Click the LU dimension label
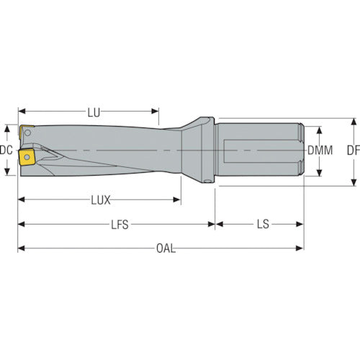[x=94, y=113]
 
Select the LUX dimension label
[x=101, y=200]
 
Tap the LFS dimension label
[x=120, y=225]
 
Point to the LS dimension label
[x=263, y=225]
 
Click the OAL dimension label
[x=166, y=248]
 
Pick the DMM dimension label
[x=320, y=150]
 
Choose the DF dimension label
[x=354, y=150]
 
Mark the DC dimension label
[x=6, y=150]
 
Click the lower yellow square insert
[x=27, y=157]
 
